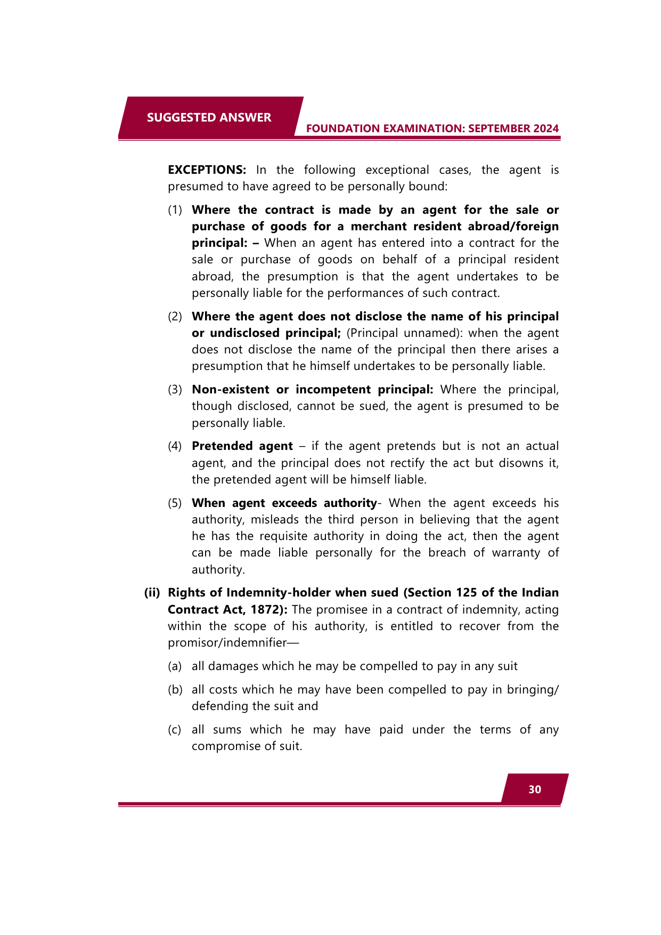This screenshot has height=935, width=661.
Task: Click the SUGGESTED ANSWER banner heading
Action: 209,117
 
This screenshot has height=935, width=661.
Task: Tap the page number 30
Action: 535,789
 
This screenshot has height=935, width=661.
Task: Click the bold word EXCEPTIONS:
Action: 207,170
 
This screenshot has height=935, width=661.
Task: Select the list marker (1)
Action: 175,210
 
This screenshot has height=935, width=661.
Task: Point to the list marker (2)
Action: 175,317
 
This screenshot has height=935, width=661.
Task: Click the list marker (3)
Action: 175,390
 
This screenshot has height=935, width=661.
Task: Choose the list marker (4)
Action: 175,446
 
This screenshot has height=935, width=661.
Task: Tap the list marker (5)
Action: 175,503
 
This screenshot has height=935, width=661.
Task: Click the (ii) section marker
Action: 152,593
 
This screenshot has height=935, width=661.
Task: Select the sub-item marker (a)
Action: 175,666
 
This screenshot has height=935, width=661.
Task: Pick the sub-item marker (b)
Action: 175,690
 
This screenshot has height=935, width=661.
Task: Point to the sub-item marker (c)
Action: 175,730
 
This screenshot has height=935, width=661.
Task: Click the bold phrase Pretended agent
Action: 242,446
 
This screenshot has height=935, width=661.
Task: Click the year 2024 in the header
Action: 545,128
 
